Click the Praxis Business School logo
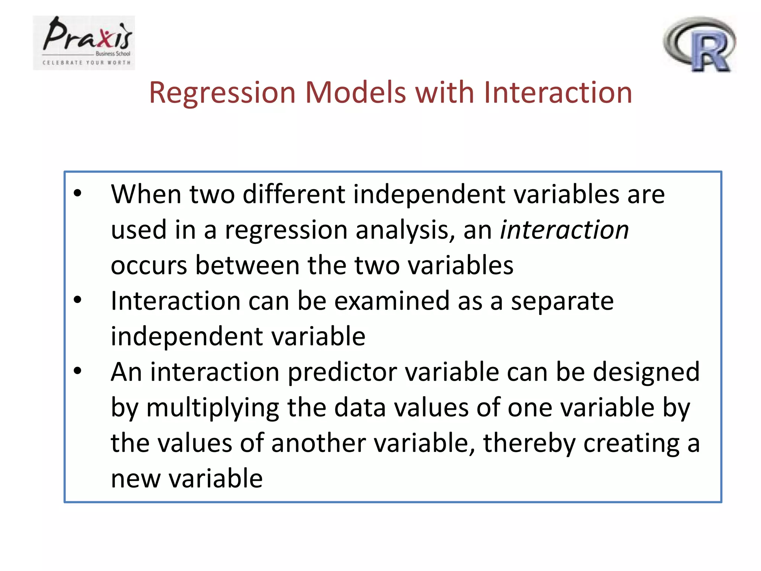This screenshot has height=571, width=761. [x=84, y=42]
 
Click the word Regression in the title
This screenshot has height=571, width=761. [x=222, y=93]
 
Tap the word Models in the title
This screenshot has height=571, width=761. [x=356, y=93]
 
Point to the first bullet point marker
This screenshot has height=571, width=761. [x=77, y=193]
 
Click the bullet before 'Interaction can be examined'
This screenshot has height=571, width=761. [x=77, y=300]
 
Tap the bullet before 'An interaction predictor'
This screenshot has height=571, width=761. [x=77, y=371]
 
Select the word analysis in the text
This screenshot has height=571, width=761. [x=405, y=230]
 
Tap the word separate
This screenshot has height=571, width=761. [x=562, y=301]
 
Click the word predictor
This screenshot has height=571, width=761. [x=342, y=372]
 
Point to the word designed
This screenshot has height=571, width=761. [x=646, y=373]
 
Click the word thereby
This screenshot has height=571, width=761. [x=529, y=443]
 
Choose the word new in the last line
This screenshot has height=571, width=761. [x=135, y=478]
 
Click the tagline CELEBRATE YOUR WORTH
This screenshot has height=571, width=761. [x=86, y=63]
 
